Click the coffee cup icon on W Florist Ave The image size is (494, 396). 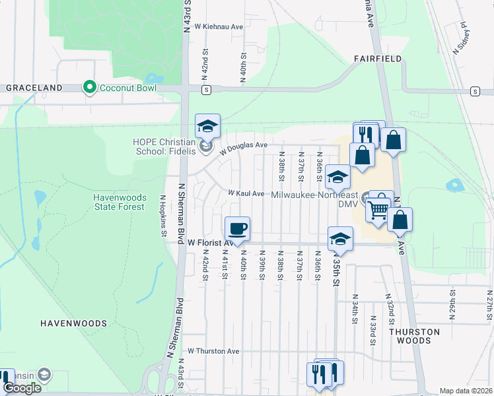pos(238,228)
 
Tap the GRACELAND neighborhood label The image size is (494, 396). pos(34,87)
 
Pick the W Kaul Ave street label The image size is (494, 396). pos(246,193)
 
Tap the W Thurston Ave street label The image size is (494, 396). pos(213,351)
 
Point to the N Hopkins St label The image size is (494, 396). pos(162,211)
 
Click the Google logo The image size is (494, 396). pos(22,388)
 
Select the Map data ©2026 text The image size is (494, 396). pos(466,391)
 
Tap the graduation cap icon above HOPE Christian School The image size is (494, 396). pos(207,125)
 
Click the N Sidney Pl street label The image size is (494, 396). pos(460,40)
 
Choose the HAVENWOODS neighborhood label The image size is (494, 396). pos(73,323)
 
